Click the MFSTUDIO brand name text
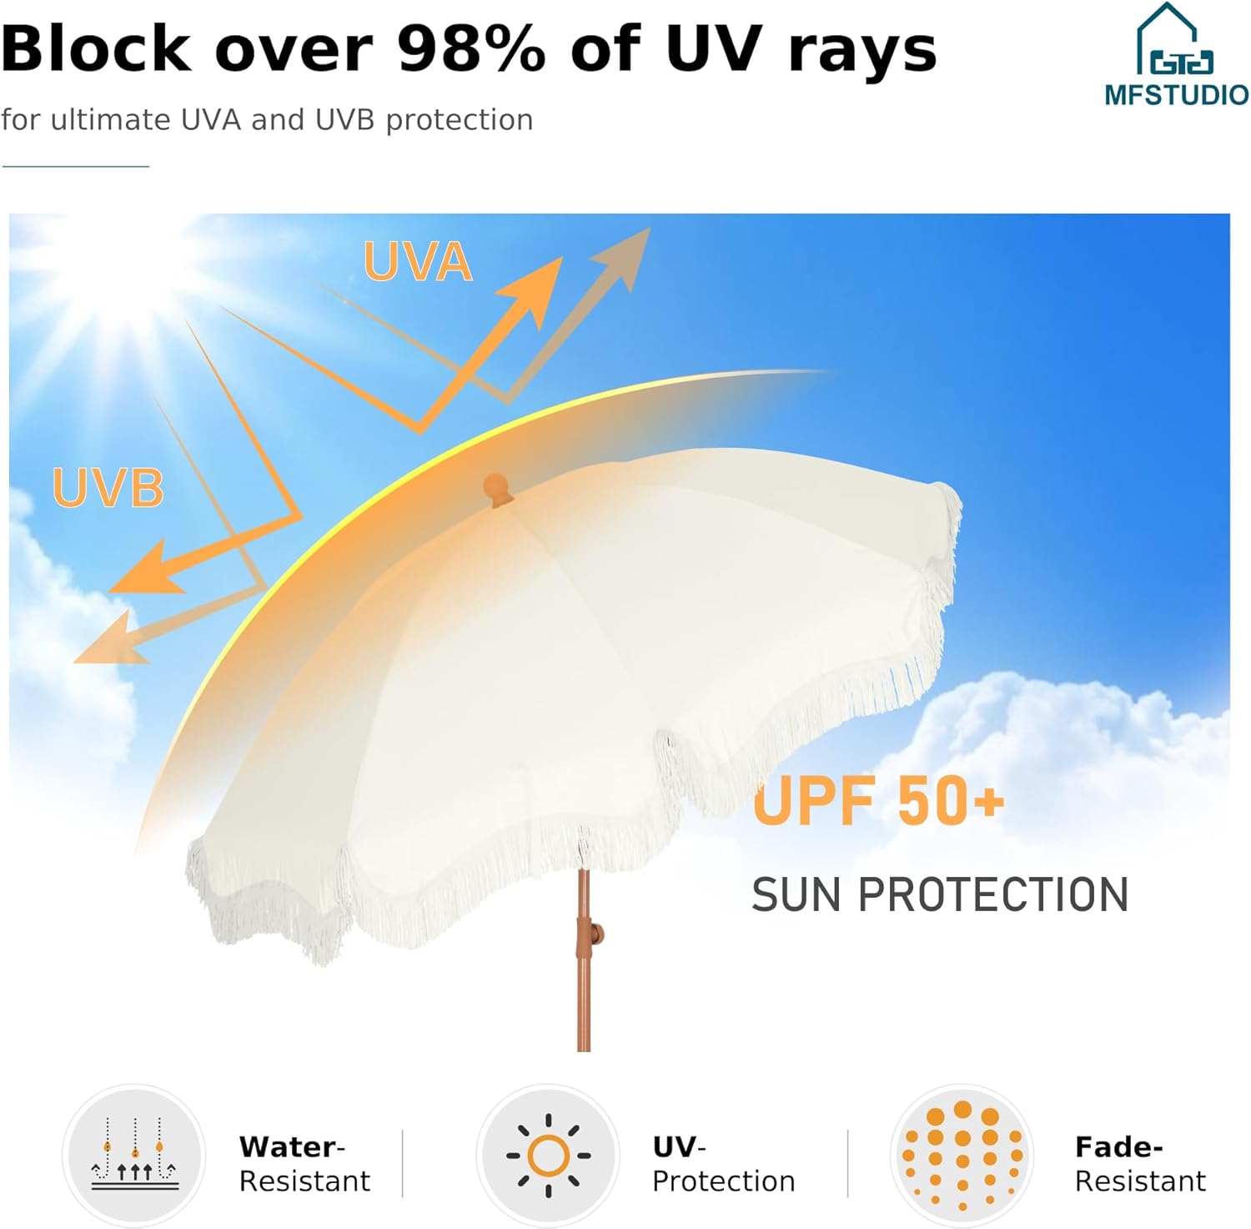1176,94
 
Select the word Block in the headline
96,48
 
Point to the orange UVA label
418,262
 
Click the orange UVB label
108,488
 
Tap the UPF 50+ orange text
877,801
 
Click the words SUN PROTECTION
939,895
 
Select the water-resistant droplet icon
134,1155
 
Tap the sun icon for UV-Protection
548,1156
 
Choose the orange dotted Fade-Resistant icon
962,1156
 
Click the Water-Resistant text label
304,1164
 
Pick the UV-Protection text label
723,1164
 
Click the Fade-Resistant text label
1140,1164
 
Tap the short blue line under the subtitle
75,166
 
